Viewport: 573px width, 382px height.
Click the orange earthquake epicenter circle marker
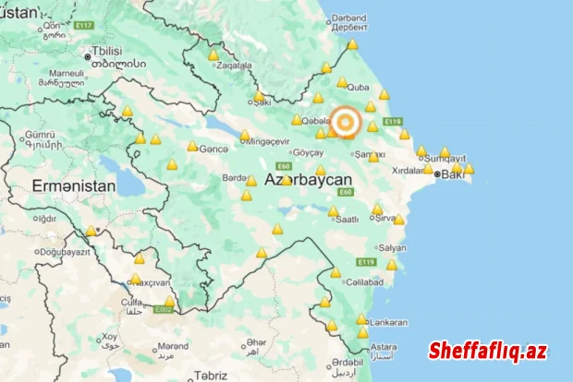point(346,122)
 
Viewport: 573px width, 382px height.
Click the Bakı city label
point(453,173)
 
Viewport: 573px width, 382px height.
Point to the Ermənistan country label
point(74,185)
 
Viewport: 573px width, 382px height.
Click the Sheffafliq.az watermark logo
point(487,351)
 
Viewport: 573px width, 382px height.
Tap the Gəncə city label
point(213,149)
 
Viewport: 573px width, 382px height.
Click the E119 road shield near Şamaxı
point(393,121)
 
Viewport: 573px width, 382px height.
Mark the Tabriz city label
point(211,375)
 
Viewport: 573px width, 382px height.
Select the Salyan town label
point(392,248)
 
